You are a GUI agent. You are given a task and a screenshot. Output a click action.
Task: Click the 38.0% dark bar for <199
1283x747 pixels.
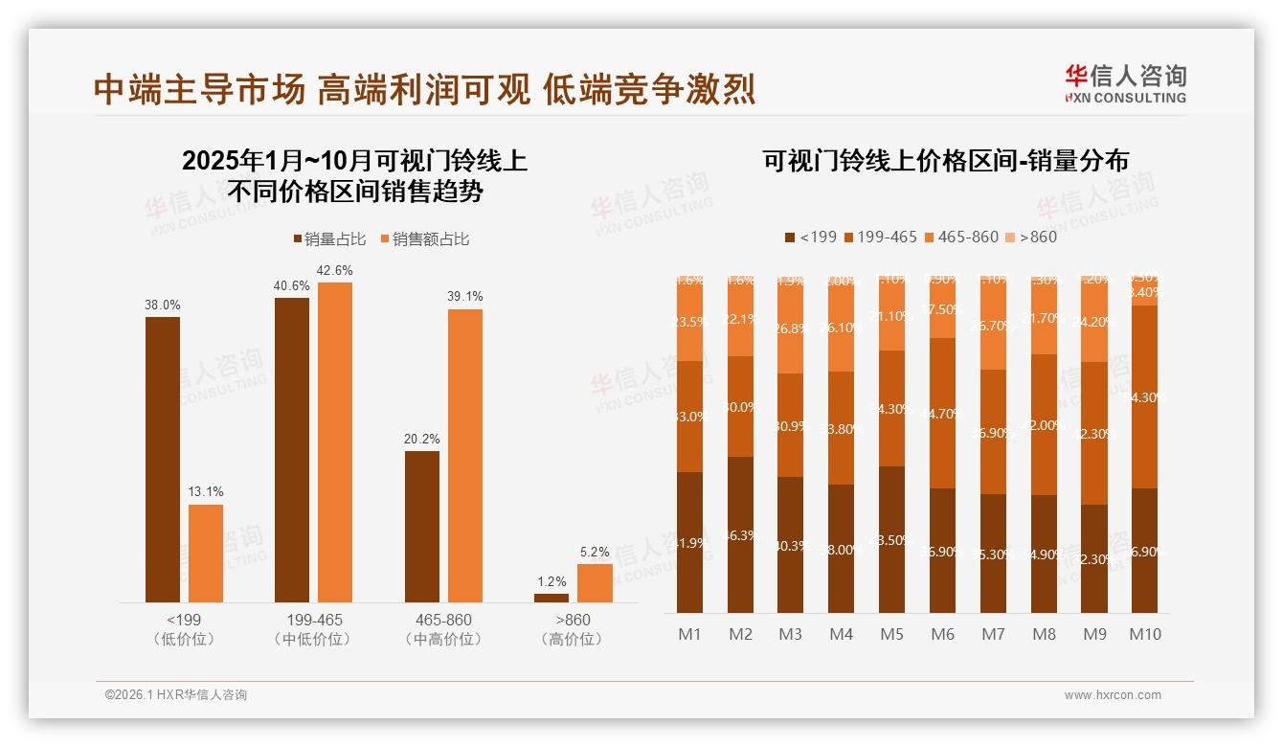(x=163, y=459)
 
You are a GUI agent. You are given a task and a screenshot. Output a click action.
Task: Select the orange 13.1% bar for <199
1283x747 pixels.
(x=206, y=553)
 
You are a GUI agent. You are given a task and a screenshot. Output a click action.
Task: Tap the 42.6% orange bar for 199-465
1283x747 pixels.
(x=335, y=441)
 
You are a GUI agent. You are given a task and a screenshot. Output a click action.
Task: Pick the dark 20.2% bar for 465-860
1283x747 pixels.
(x=422, y=526)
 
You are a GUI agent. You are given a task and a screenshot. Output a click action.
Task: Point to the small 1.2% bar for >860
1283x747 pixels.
(x=551, y=598)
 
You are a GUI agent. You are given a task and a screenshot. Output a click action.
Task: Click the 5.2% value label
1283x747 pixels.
(x=595, y=553)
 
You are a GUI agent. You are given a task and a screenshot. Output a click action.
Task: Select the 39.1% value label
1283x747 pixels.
(x=465, y=297)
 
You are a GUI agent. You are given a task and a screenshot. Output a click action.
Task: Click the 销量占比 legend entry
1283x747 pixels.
(x=328, y=239)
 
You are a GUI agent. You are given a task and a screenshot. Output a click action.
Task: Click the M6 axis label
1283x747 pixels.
(x=943, y=634)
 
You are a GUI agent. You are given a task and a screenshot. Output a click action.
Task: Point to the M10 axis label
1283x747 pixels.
(x=1145, y=634)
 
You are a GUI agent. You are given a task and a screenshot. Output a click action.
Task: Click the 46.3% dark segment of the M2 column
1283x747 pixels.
(x=740, y=534)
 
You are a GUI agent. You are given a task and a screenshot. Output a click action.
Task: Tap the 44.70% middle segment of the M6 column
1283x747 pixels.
(x=943, y=413)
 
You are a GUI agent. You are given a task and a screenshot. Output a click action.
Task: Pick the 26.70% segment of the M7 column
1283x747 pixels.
(x=994, y=326)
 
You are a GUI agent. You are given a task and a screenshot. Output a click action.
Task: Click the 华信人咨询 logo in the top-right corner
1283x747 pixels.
(x=1126, y=83)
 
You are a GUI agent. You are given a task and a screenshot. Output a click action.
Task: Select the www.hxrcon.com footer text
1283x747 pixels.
(x=1113, y=695)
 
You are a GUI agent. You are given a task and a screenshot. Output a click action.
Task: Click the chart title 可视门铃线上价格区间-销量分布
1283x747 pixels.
(x=945, y=160)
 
